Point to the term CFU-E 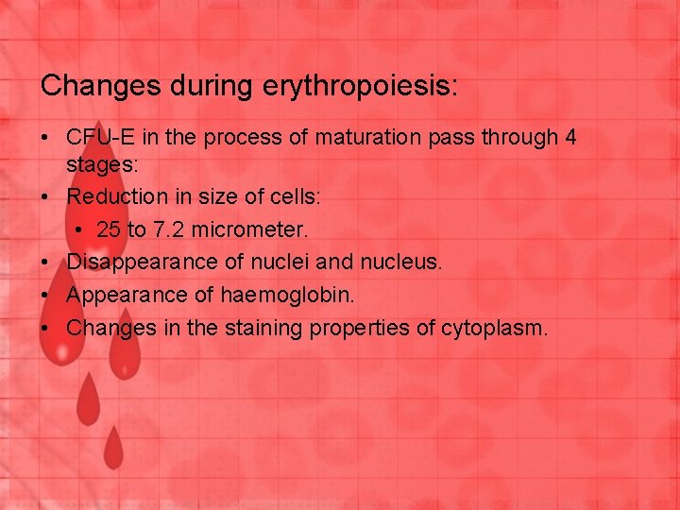pos(96,137)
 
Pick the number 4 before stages pos(569,137)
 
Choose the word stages pos(102,164)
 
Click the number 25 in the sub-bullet pos(109,229)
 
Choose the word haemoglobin pos(288,295)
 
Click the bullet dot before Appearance pos(45,295)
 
